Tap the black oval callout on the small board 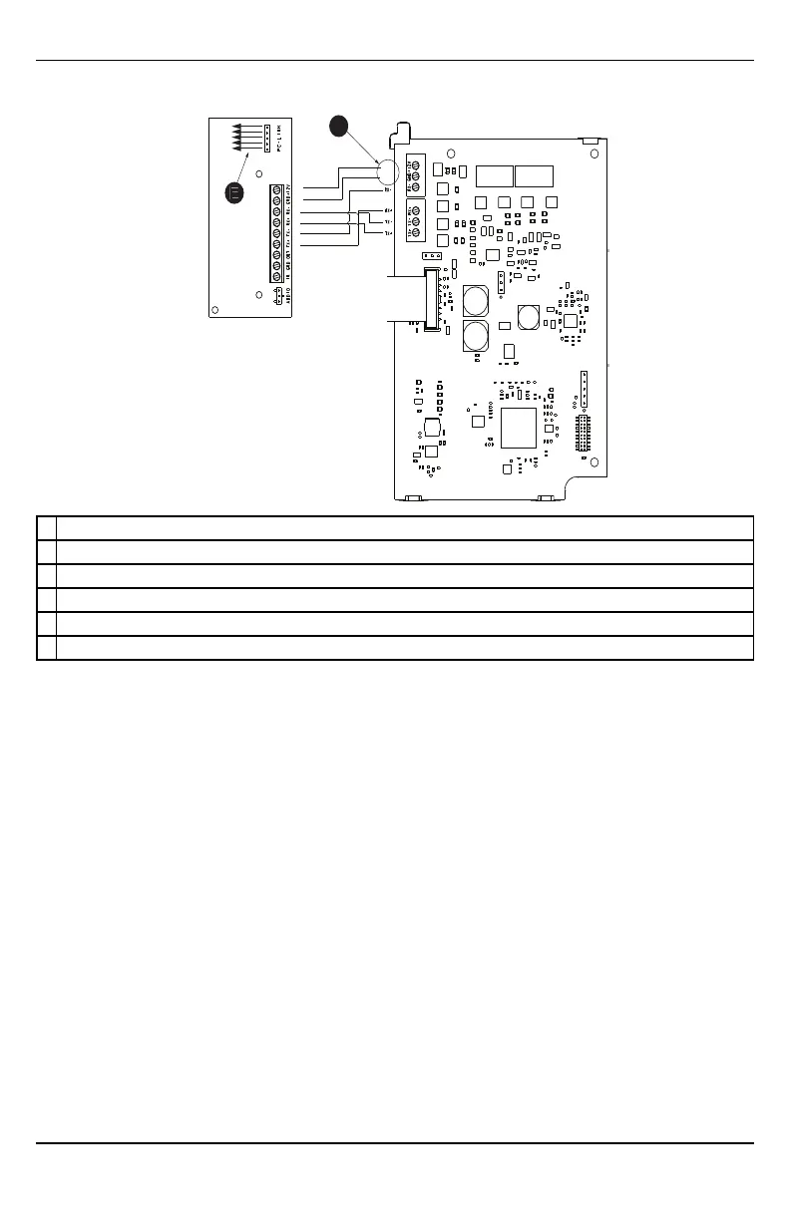click(233, 193)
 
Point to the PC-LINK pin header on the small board click(267, 138)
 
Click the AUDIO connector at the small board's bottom click(275, 295)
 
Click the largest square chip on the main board click(520, 426)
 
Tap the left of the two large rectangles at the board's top click(495, 176)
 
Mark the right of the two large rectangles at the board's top click(535, 176)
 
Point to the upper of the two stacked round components click(475, 299)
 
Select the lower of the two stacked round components click(475, 334)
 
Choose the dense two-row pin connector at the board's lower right click(584, 435)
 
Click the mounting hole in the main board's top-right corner click(594, 154)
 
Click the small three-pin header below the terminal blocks click(431, 255)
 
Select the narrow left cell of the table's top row click(46, 528)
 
